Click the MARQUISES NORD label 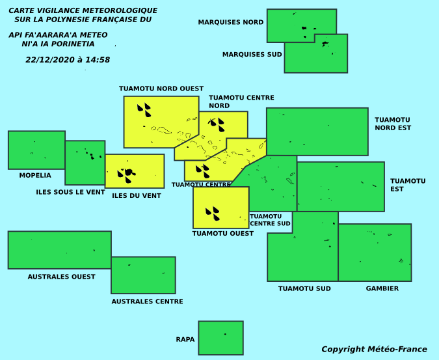click(231, 22)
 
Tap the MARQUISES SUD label click(252, 54)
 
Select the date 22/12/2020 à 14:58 click(68, 60)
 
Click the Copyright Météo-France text click(375, 349)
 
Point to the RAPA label click(185, 339)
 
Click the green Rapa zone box click(221, 338)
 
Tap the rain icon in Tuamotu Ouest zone click(213, 214)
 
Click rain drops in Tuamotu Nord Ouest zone click(144, 110)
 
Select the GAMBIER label click(382, 288)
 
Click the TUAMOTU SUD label click(304, 288)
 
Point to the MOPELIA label click(35, 175)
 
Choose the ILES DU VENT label click(137, 195)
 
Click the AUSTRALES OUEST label click(61, 277)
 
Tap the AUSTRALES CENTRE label click(147, 301)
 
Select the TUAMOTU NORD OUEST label click(161, 89)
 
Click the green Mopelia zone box click(36, 150)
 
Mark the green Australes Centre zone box click(143, 275)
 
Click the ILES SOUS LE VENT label click(70, 192)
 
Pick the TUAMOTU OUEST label click(223, 233)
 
